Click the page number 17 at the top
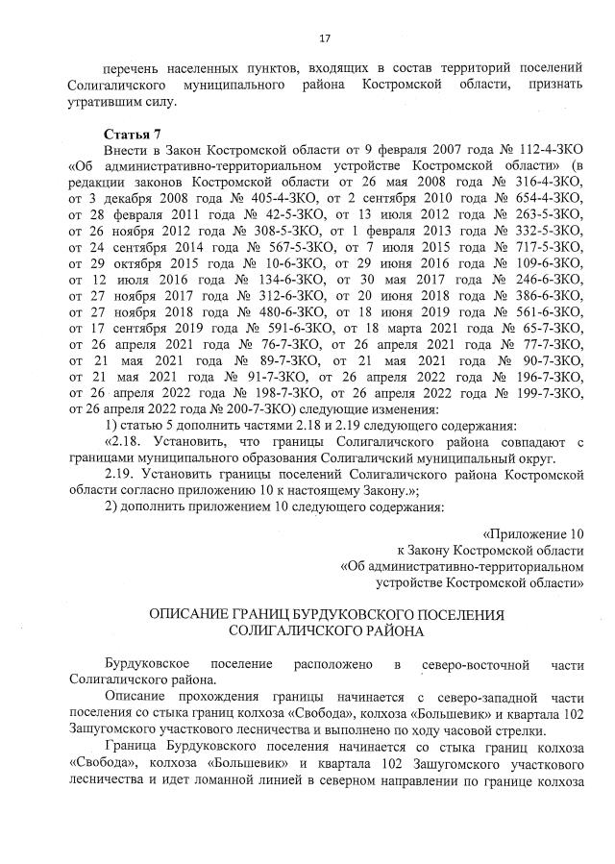[x=324, y=38]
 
